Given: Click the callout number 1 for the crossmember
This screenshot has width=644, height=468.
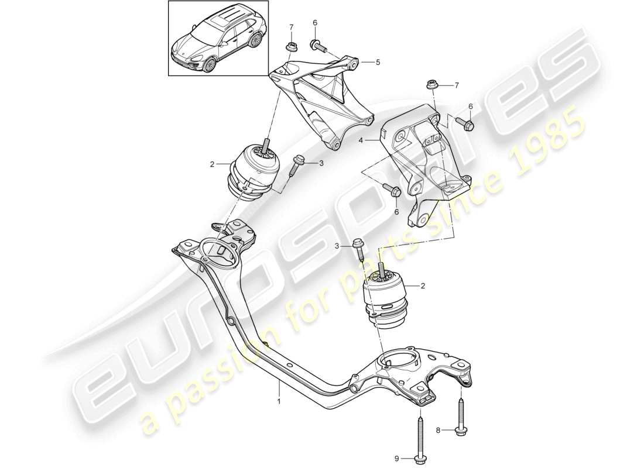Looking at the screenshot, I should click(279, 401).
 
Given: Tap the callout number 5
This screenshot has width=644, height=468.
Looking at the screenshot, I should click(378, 61).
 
